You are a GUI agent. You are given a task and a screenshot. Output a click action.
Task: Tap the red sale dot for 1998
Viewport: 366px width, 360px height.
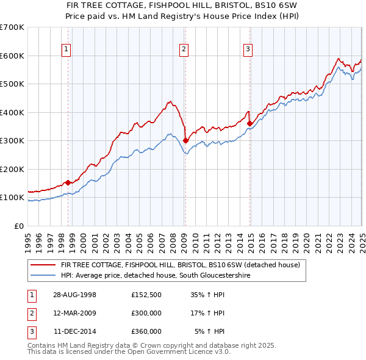coord(68,182)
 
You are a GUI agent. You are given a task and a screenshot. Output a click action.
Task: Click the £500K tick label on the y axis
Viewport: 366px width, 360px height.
coord(12,84)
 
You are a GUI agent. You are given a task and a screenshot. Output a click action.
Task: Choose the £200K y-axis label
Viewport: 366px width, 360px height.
coord(12,169)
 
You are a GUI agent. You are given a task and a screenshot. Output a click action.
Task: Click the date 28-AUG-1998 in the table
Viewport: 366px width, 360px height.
coord(75,295)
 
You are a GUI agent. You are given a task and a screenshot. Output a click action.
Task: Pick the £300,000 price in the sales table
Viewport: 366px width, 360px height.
coord(146,313)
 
